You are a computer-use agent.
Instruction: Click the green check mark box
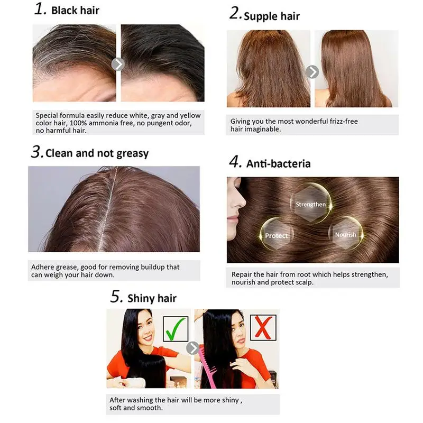[x=176, y=329]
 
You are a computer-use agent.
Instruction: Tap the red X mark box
[x=263, y=327]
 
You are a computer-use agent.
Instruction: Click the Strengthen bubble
[x=311, y=204]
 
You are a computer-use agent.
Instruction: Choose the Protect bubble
[x=277, y=234]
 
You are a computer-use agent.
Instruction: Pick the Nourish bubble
[x=346, y=234]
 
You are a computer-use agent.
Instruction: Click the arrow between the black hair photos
[x=118, y=64]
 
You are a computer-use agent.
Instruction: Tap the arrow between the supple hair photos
[x=312, y=72]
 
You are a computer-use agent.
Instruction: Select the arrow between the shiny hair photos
[x=192, y=348]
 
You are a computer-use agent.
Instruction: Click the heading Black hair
[x=75, y=11]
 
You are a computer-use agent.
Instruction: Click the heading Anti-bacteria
[x=279, y=164]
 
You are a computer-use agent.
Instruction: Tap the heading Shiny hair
[x=152, y=298]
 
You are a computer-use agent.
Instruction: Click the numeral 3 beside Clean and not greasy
[x=36, y=152]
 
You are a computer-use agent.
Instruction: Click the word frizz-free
[x=344, y=121]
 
